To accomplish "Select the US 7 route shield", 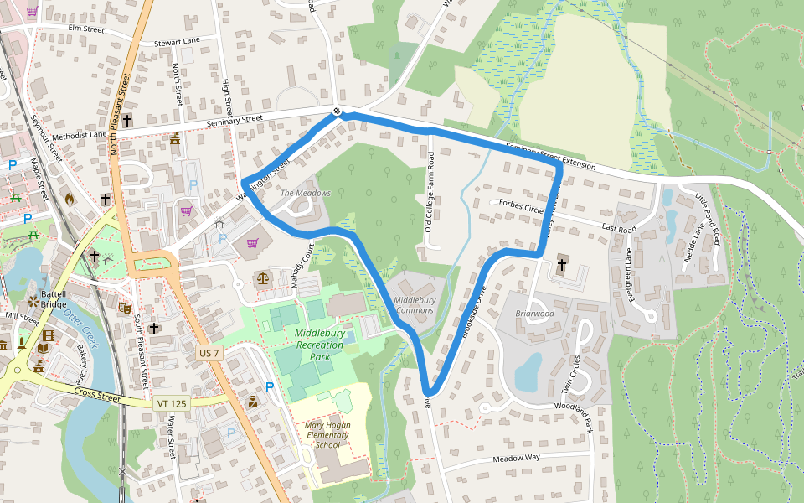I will [x=209, y=354].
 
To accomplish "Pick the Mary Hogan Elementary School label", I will [x=327, y=435].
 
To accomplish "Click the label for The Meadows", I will [x=306, y=193].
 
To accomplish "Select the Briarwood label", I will [x=535, y=314].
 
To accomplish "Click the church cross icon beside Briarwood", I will [x=561, y=267].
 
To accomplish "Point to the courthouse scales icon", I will [x=264, y=276].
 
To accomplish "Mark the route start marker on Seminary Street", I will [x=337, y=111].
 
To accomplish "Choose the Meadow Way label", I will [x=517, y=458].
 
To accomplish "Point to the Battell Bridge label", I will [x=54, y=299].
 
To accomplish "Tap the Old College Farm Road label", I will [x=429, y=193].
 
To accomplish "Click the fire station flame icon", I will [x=70, y=200].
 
